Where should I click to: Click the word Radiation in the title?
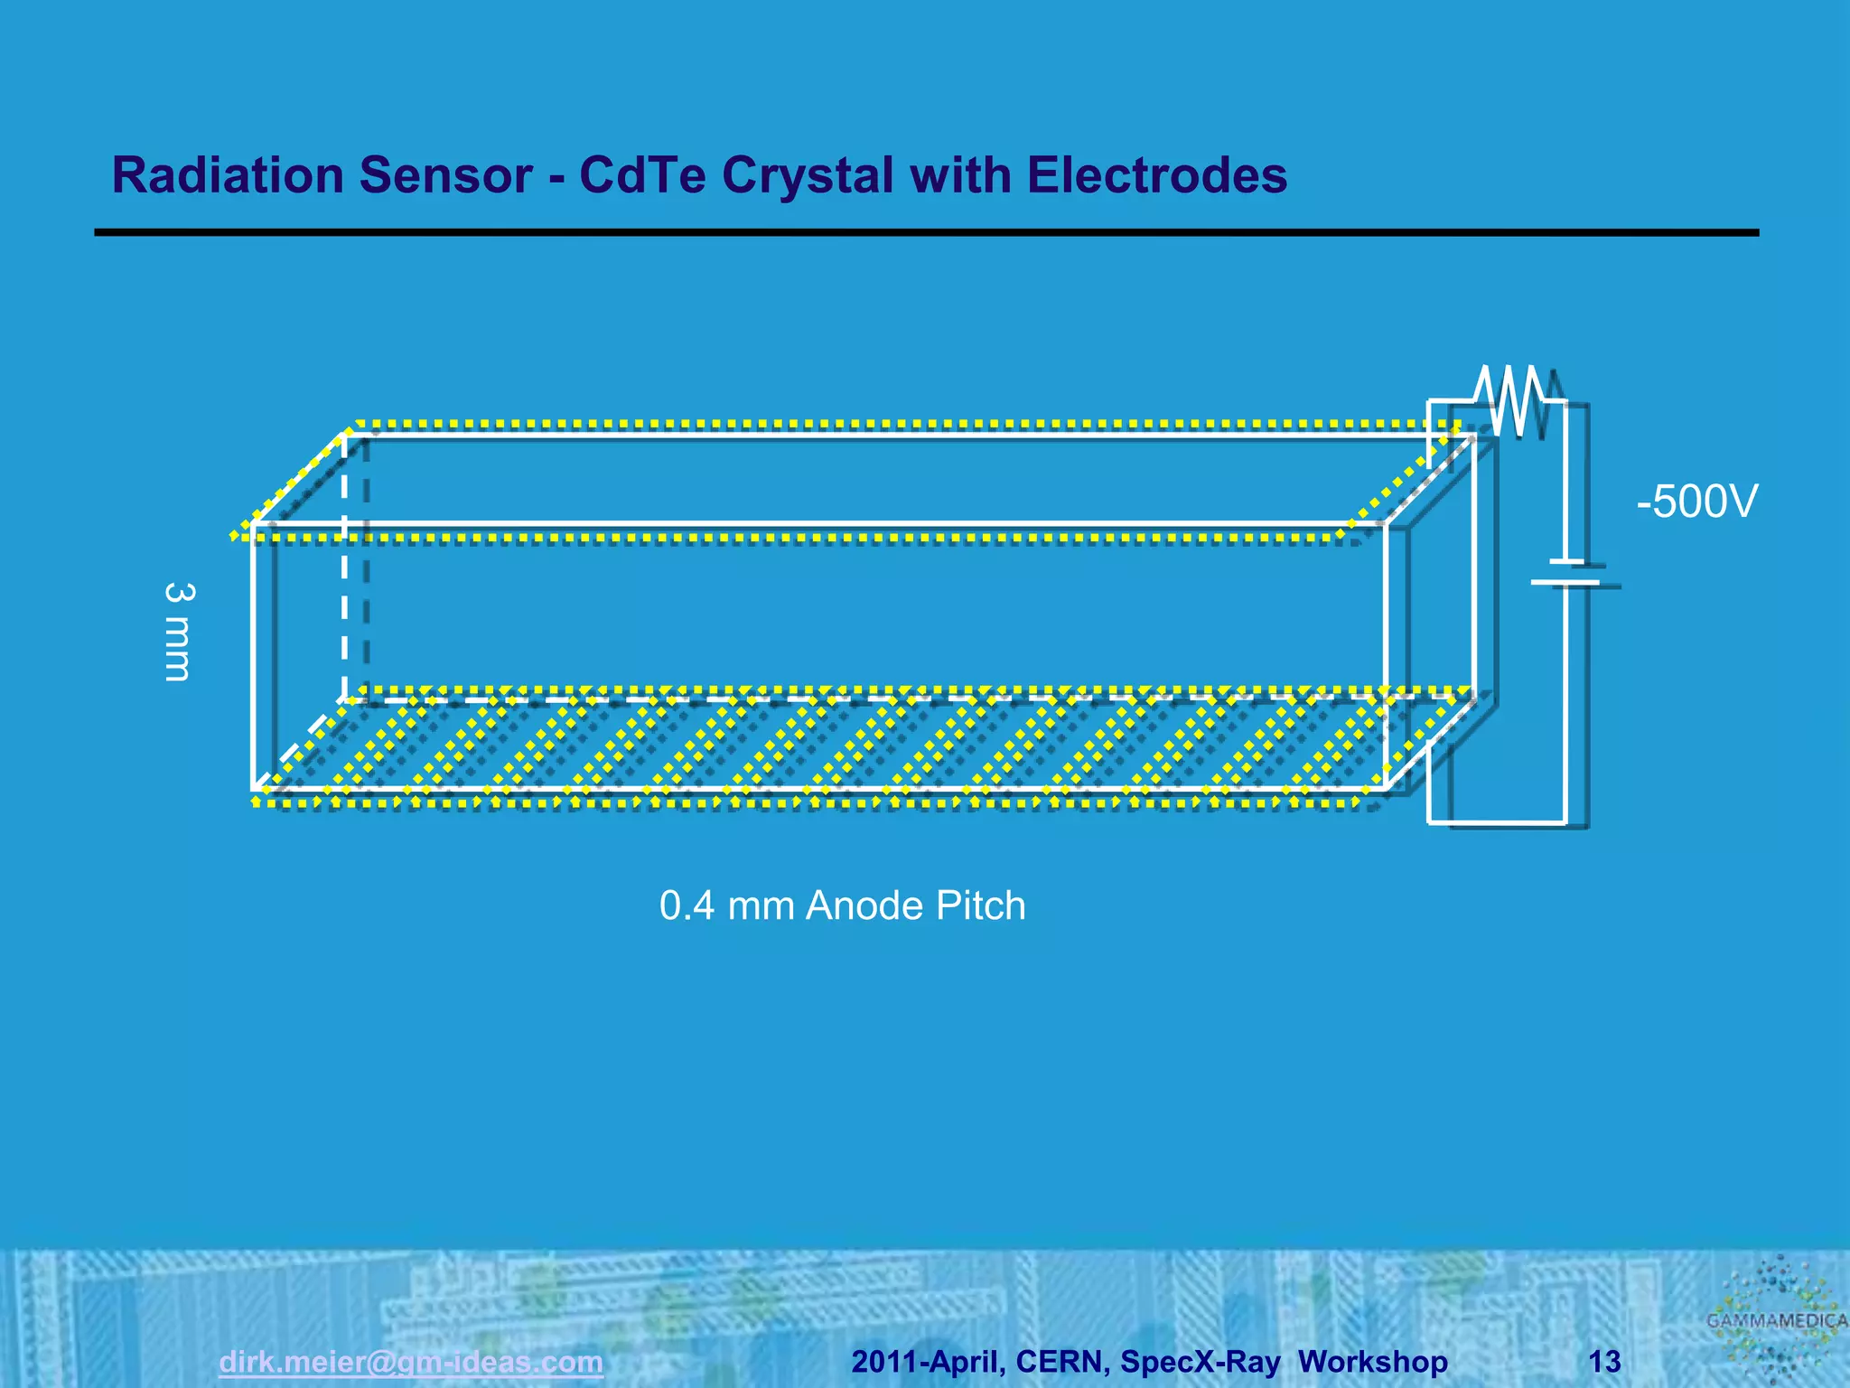point(227,175)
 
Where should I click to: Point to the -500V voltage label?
point(1696,502)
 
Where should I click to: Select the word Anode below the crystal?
point(864,905)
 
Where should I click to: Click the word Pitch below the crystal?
point(980,905)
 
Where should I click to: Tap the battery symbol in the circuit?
point(1565,573)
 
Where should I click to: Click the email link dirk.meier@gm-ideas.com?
point(411,1361)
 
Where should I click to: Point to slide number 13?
point(1604,1361)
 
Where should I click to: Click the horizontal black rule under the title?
point(926,233)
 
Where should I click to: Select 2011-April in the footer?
point(927,1361)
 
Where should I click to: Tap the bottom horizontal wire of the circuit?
point(1496,822)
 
